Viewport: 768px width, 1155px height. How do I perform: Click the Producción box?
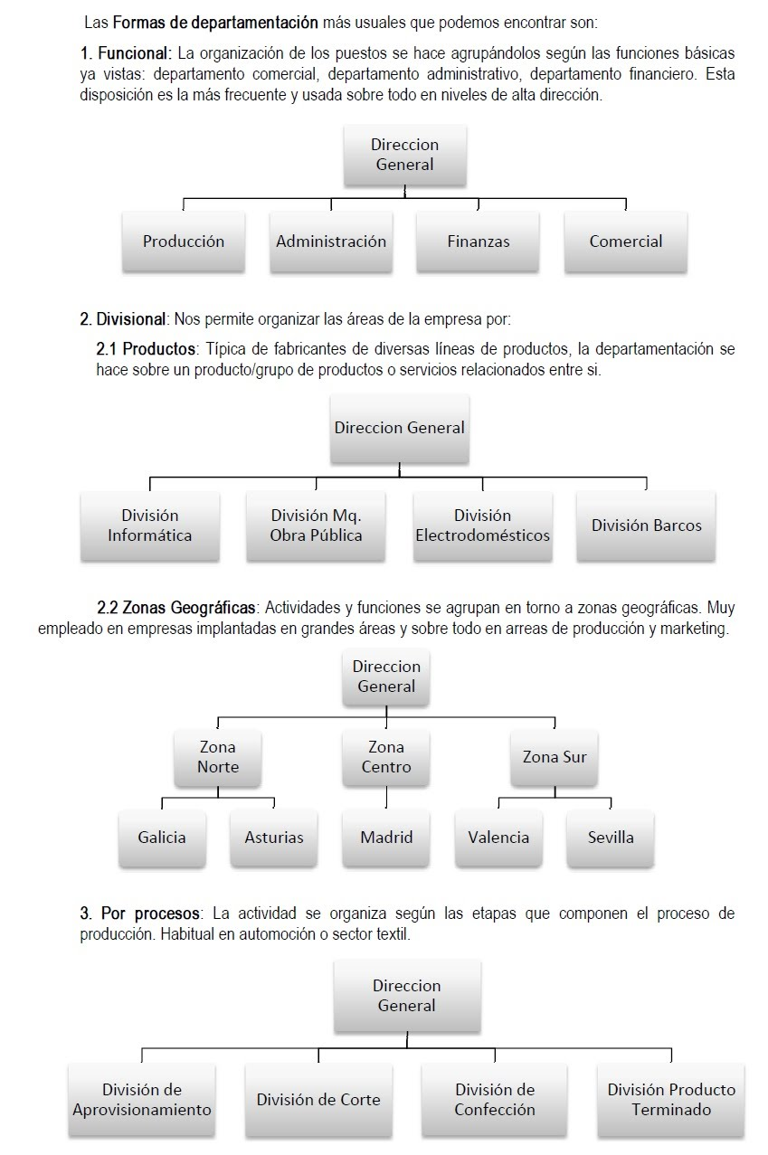coord(184,241)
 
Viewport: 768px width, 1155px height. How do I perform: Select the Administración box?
coord(331,241)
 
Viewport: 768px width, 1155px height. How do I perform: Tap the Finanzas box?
coord(478,241)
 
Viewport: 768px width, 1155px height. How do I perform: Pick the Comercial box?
coord(625,241)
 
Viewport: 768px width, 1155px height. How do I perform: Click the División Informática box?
coord(150,525)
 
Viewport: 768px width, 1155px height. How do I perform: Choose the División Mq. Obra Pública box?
coord(316,525)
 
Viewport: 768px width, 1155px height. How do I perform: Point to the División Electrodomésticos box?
coord(482,525)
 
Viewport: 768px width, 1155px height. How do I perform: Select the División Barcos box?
coord(646,525)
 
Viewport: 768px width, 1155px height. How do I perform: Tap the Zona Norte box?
coord(218,757)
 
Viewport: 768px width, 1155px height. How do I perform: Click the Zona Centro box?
coord(386,757)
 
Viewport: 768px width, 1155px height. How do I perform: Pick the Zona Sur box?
coord(555,757)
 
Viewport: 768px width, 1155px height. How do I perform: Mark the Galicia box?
coord(162,838)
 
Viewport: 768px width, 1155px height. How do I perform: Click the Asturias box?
coord(274,838)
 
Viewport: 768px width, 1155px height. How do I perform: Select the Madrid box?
coord(386,838)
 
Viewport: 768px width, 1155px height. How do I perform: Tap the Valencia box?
coord(498,838)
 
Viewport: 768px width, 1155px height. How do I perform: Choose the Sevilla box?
coord(611,838)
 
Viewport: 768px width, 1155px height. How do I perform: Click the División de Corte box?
coord(318,1100)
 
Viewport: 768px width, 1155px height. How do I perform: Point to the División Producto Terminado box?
coord(671,1100)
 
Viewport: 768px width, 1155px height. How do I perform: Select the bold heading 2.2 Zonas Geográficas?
coord(177,606)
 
